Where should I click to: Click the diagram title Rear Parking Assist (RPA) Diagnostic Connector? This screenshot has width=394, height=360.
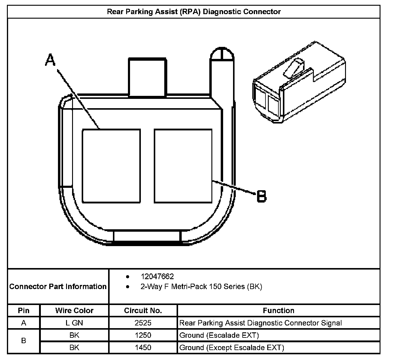[x=194, y=12]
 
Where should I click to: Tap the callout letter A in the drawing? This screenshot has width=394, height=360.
[x=50, y=60]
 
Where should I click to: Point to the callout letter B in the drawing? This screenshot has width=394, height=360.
[x=261, y=197]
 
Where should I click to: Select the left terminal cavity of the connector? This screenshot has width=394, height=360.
[x=111, y=166]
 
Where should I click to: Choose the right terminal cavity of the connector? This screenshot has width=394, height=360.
[x=183, y=166]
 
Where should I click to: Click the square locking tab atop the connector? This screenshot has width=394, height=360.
[x=147, y=77]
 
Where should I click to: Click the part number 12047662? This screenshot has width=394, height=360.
[x=157, y=276]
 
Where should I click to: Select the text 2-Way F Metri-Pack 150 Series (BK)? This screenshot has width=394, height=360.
[x=201, y=287]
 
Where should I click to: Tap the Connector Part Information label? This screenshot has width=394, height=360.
[x=58, y=286]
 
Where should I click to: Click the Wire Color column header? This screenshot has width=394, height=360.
[x=74, y=310]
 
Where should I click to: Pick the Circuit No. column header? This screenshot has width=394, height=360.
[x=143, y=310]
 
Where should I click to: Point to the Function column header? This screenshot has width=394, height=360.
[x=278, y=310]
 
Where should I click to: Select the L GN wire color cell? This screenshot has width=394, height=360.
[x=74, y=323]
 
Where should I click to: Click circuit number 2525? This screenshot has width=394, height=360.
[x=143, y=323]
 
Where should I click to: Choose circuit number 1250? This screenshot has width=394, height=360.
[x=143, y=335]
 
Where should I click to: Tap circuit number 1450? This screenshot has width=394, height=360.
[x=143, y=348]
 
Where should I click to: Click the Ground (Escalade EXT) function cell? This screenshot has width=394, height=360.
[x=219, y=335]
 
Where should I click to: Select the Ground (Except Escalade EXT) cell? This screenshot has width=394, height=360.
[x=232, y=348]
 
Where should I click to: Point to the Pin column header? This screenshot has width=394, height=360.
[x=24, y=310]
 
